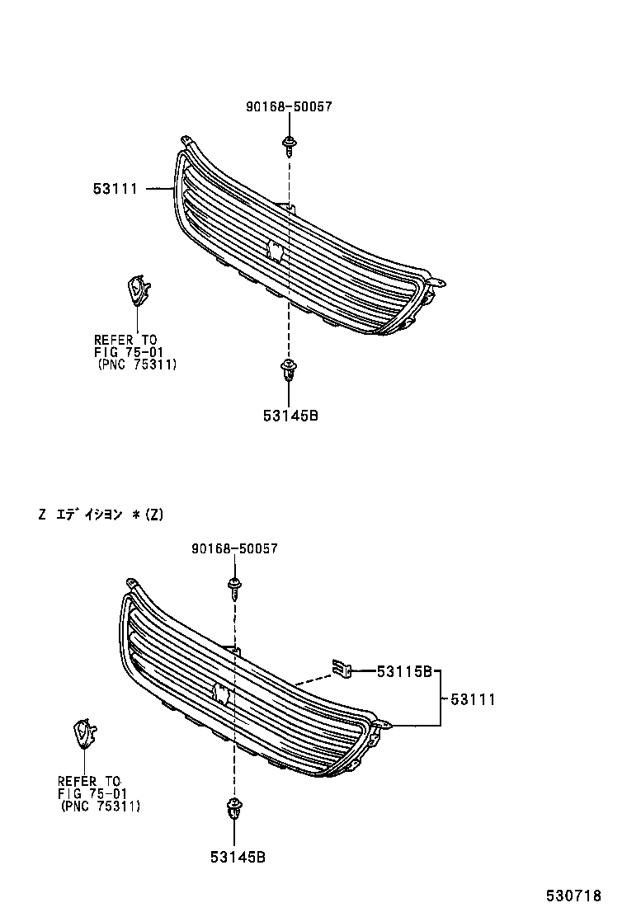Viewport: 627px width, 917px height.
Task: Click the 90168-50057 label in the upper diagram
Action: coord(288,107)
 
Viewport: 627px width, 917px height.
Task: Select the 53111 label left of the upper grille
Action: coord(115,190)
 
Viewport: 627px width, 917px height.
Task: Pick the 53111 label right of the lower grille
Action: coord(473,699)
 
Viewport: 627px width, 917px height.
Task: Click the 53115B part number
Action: coord(405,672)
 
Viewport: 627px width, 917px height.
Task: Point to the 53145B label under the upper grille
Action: coord(290,416)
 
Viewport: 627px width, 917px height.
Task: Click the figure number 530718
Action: coord(572,896)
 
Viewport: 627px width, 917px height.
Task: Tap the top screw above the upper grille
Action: coord(289,146)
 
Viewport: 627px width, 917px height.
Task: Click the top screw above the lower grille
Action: coord(235,586)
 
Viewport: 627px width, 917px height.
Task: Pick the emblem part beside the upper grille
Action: coord(136,290)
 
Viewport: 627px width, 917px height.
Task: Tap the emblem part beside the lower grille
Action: coord(84,732)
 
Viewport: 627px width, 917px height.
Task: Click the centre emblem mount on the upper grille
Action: coord(276,251)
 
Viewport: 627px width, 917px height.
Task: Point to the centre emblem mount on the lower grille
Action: coord(221,693)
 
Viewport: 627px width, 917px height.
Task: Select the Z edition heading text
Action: coord(101,515)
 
